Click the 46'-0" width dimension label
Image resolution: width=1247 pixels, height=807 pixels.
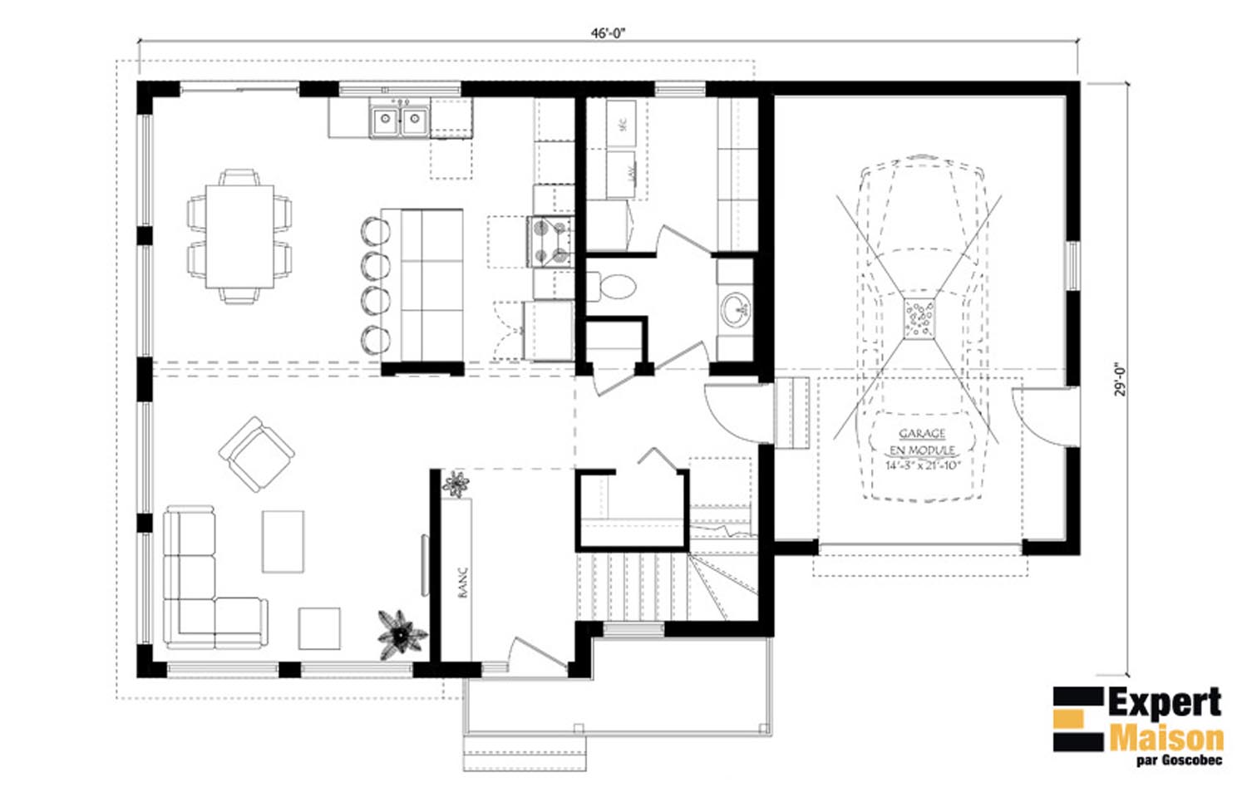click(608, 33)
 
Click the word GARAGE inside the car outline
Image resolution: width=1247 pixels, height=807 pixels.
click(922, 434)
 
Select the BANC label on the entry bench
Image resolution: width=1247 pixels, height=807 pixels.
click(463, 582)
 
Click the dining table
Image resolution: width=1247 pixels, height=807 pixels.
click(239, 236)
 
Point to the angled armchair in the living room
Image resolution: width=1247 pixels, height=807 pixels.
click(256, 454)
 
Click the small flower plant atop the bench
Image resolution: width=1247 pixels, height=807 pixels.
click(456, 484)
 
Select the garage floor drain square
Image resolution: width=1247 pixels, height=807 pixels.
click(919, 319)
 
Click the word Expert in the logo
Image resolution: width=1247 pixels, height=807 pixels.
click(1164, 704)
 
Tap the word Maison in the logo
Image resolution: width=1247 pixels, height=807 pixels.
click(1166, 737)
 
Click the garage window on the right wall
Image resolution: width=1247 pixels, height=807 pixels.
click(1072, 266)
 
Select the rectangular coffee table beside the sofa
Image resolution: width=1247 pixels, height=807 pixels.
click(283, 541)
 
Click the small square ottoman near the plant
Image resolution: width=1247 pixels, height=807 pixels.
click(319, 628)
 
